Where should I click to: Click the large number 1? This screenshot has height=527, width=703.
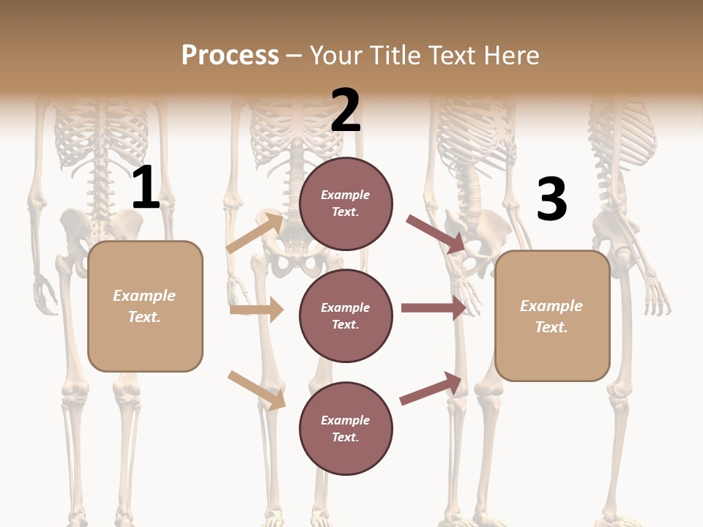click(146, 188)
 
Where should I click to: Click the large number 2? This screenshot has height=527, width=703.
click(345, 111)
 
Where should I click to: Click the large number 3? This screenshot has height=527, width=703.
click(551, 200)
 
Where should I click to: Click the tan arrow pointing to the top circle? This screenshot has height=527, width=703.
click(255, 233)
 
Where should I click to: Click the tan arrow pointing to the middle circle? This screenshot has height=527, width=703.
click(257, 310)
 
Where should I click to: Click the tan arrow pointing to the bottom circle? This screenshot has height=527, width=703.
click(256, 390)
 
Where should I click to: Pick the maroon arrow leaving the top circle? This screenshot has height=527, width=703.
click(436, 233)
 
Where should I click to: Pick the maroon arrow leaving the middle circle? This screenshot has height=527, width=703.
click(434, 307)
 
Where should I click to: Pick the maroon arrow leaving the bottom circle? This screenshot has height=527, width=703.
click(431, 388)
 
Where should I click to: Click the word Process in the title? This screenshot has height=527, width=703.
click(230, 55)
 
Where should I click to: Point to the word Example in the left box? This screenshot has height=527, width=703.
click(144, 296)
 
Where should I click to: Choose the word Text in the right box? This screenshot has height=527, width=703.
click(551, 327)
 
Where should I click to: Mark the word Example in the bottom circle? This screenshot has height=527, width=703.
click(345, 420)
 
